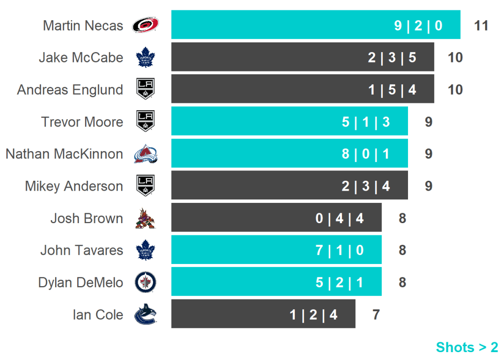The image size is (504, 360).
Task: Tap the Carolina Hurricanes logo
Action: tap(145, 25)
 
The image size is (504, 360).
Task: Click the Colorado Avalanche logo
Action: tap(145, 154)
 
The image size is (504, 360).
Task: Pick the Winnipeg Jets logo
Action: tap(145, 283)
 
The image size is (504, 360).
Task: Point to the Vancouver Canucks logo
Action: tap(145, 315)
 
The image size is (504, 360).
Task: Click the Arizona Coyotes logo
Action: tap(145, 219)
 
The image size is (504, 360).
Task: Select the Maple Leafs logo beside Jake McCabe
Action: tap(145, 58)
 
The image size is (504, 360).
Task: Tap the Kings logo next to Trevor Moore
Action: tap(145, 122)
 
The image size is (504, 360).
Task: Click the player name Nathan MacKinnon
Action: tap(64, 154)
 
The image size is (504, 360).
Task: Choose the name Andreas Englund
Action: tap(70, 90)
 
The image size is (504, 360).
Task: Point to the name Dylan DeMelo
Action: tap(80, 283)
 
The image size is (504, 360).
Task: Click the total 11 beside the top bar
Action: tap(481, 25)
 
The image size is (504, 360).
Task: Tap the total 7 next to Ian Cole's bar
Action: tap(376, 314)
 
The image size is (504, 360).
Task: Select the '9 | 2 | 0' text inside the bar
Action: tap(418, 25)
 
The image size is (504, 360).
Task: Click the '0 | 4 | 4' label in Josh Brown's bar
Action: tap(339, 218)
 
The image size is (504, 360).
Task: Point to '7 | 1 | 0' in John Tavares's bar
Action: tap(339, 250)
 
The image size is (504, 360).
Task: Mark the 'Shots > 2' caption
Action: tap(467, 347)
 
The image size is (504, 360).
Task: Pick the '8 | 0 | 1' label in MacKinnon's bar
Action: tap(365, 154)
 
